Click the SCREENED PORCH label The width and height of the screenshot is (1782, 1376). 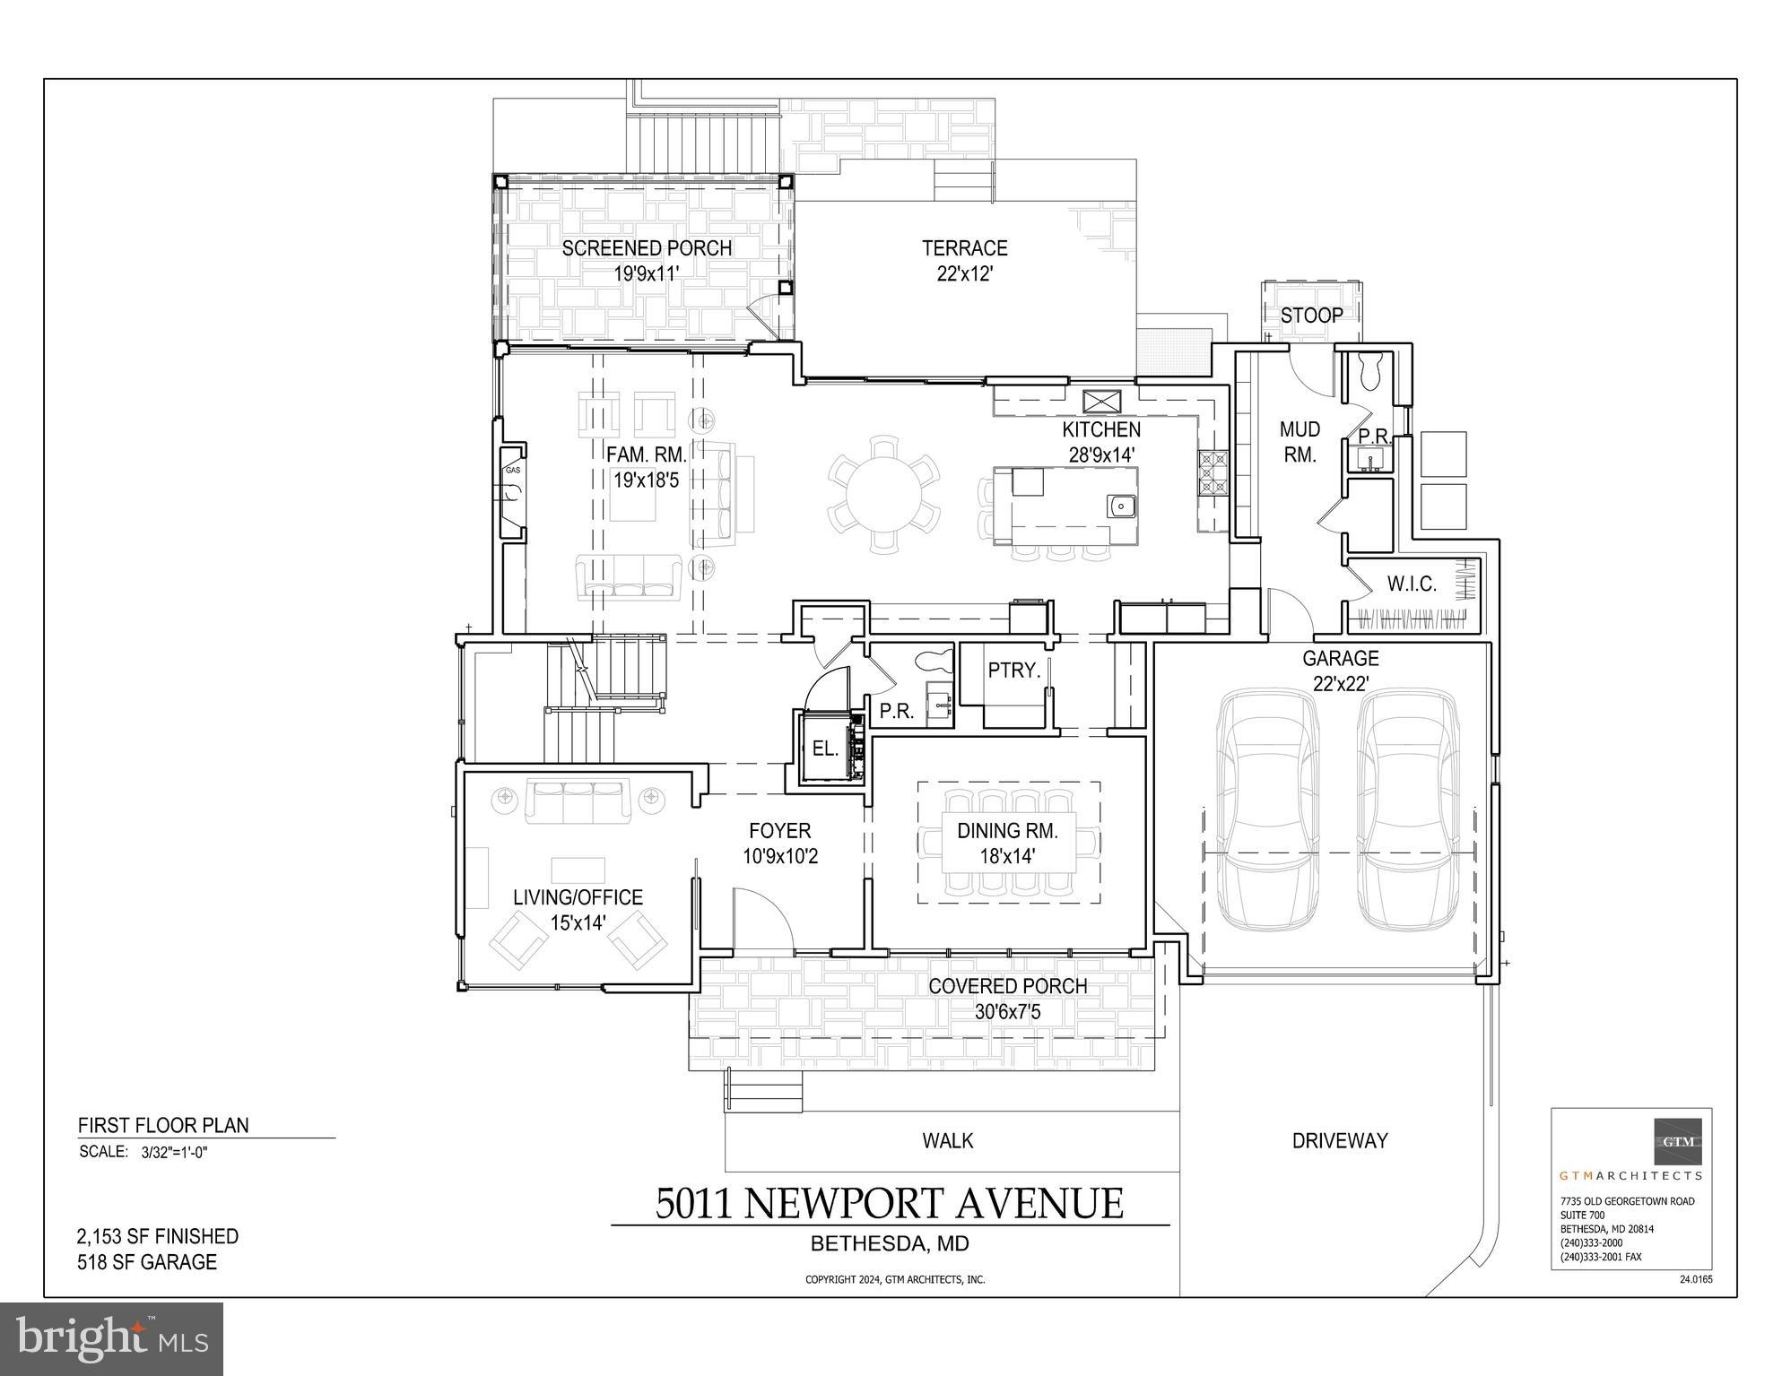[x=647, y=248]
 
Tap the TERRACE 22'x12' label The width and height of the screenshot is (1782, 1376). [x=965, y=260]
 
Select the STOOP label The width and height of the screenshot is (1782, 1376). [x=1311, y=316]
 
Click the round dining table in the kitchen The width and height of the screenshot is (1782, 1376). [x=884, y=492]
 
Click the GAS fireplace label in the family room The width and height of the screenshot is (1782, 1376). [x=512, y=470]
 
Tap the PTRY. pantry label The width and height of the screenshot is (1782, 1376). [x=1013, y=670]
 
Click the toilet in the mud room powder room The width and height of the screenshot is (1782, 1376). [x=1370, y=371]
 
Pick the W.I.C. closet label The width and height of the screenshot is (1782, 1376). [x=1412, y=584]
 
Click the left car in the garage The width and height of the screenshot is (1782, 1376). [x=1266, y=810]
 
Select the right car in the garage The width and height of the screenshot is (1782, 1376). [x=1407, y=810]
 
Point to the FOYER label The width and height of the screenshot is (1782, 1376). [x=780, y=831]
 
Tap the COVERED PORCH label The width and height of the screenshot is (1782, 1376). [x=1007, y=986]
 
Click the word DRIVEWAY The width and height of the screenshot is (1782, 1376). [x=1339, y=1140]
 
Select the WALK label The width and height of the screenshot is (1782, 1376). [x=948, y=1140]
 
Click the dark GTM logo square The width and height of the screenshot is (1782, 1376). [x=1678, y=1141]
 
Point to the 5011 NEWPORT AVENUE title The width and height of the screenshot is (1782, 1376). [x=889, y=1203]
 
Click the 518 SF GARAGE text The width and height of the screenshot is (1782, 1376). [x=147, y=1262]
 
